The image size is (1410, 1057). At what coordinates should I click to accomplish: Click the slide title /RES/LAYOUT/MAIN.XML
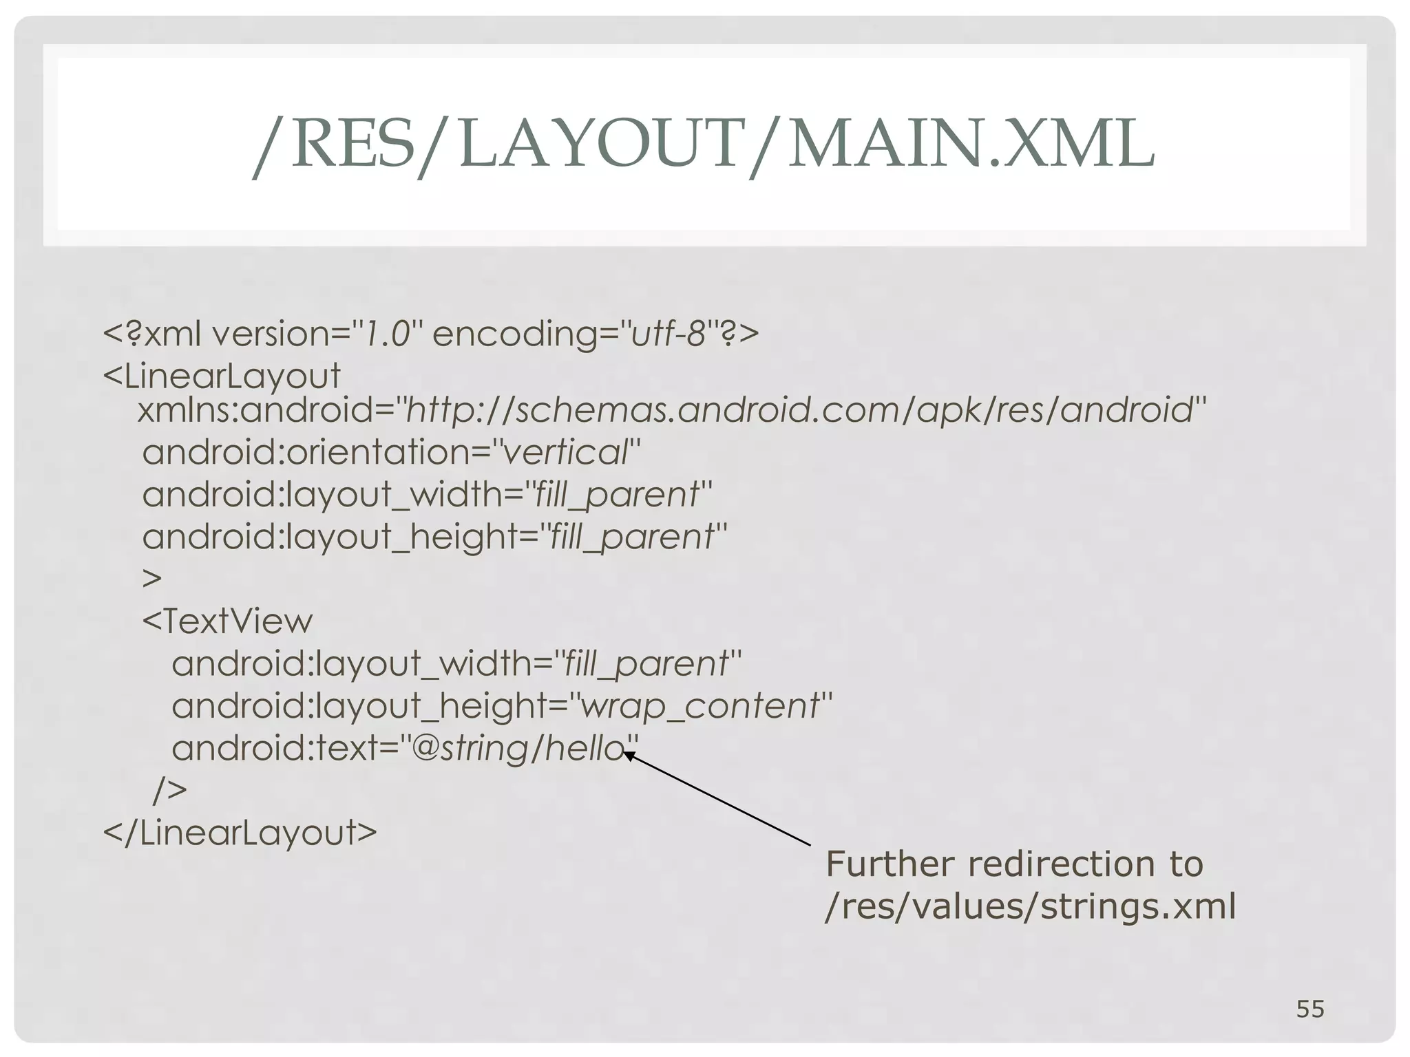pos(704,145)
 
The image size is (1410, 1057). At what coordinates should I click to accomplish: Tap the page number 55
pos(1310,1009)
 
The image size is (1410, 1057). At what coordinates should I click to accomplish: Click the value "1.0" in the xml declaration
pos(388,334)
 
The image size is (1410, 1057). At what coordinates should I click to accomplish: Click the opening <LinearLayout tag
pos(222,376)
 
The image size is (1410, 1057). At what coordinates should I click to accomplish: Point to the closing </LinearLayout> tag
pos(240,832)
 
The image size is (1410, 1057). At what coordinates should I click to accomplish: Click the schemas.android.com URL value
pos(799,411)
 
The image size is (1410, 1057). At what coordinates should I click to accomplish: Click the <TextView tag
pos(227,621)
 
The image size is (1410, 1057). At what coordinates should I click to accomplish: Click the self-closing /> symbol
pos(169,790)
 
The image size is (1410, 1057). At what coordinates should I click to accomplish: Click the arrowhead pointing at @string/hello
pos(629,756)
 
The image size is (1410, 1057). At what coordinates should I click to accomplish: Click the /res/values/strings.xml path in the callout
pos(1030,906)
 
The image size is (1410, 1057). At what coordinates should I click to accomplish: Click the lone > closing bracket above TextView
pos(152,578)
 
